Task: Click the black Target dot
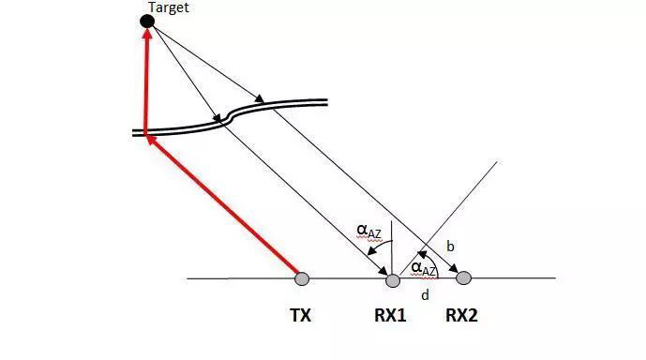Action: coord(147,21)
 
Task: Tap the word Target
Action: coord(169,7)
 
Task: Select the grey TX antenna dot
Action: coord(302,278)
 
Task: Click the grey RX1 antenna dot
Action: coord(393,280)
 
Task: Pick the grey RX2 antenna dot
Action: coord(463,278)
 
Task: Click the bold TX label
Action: coord(301,316)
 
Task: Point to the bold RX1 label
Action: coord(390,316)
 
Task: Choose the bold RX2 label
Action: coord(461,316)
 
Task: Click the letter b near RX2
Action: coord(450,247)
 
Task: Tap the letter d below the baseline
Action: coord(425,295)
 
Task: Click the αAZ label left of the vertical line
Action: coord(369,232)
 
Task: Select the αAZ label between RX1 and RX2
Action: coord(424,270)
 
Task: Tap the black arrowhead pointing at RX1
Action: coord(382,271)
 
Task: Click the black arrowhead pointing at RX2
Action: coord(453,268)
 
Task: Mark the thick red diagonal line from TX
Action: coord(223,205)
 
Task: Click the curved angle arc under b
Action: coord(432,262)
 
